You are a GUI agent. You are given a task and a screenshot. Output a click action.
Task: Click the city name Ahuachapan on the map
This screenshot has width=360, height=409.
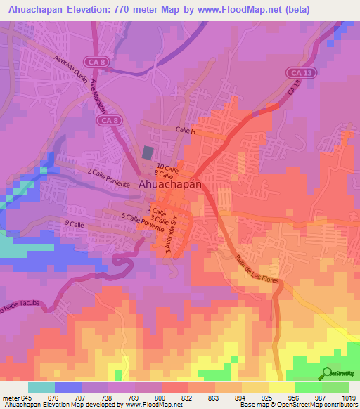pos(171,183)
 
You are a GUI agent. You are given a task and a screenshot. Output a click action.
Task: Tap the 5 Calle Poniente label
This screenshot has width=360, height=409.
pos(143,223)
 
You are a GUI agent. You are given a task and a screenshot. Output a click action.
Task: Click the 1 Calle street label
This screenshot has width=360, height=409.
pos(157,212)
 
